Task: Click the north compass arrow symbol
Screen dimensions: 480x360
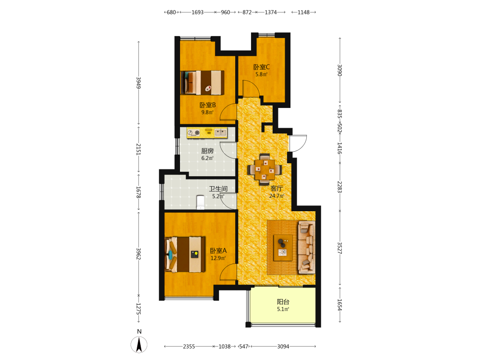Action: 139,345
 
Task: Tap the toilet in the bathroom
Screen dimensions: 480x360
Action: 201,202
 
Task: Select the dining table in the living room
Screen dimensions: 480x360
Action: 265,169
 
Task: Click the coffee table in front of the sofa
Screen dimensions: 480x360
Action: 283,248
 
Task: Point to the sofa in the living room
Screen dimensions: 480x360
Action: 306,247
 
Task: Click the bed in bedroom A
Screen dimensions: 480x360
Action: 185,254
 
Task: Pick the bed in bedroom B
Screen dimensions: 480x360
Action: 203,83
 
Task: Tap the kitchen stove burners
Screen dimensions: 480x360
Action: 193,132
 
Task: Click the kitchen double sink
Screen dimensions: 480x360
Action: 220,132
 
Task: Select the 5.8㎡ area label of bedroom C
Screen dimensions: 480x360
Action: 262,74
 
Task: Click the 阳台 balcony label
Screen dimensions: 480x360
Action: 283,302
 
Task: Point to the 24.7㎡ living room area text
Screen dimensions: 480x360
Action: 277,196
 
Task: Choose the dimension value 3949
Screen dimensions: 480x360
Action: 139,83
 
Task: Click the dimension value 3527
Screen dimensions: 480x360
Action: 340,248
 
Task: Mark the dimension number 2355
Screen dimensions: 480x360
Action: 189,347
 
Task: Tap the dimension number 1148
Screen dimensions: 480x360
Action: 304,12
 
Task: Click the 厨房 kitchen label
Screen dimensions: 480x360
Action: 207,151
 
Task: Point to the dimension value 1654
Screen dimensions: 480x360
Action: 340,305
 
